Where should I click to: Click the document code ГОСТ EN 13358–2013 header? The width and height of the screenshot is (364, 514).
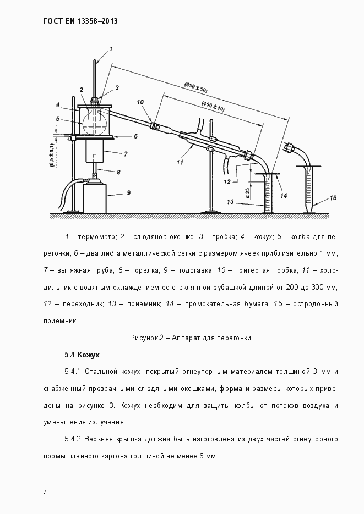[80, 21]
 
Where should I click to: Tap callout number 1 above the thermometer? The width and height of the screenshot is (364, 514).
[111, 49]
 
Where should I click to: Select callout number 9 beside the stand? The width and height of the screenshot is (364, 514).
[128, 192]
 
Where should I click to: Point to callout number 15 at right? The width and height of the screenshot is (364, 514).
[333, 198]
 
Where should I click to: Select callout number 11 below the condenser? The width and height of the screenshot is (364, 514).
[180, 162]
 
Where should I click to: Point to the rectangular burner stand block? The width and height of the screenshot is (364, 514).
[94, 198]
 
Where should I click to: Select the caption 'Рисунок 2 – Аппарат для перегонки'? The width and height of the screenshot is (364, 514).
[191, 338]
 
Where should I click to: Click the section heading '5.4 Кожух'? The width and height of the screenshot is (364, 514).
[82, 355]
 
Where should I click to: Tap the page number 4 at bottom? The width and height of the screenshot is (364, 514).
[45, 493]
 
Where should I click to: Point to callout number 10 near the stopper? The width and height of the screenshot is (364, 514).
[140, 102]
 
